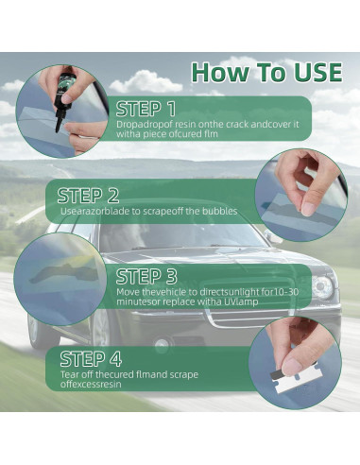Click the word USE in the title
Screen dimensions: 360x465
[x=317, y=73]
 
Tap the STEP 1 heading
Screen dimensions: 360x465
[x=146, y=109]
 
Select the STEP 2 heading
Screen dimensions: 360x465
[x=88, y=196]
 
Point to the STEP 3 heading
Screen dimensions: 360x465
[x=146, y=277]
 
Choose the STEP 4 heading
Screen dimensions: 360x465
[x=91, y=359]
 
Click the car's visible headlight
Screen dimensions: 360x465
[x=322, y=287]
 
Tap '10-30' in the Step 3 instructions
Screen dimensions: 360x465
[x=285, y=292]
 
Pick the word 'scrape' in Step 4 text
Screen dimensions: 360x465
[x=184, y=375]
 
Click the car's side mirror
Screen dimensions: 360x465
[x=273, y=237]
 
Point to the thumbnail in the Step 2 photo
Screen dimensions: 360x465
[x=308, y=208]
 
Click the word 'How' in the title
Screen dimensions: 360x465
[x=220, y=73]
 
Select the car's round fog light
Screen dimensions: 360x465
[x=162, y=343]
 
